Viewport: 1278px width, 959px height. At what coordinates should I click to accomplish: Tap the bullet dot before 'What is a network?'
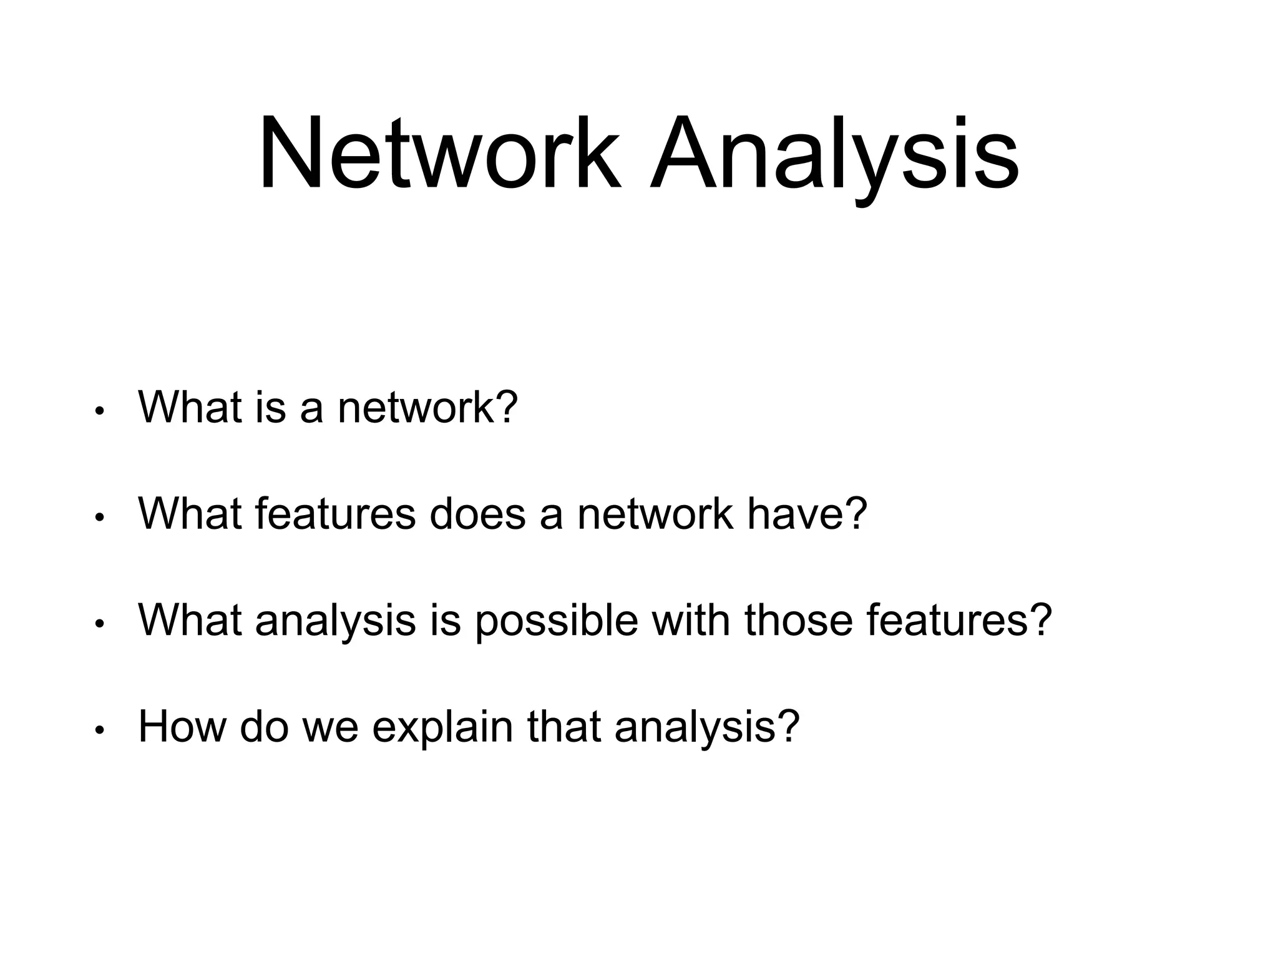point(99,411)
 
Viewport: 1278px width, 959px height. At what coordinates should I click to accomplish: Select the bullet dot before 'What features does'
point(99,518)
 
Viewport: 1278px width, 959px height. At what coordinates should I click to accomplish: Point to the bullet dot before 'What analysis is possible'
point(99,624)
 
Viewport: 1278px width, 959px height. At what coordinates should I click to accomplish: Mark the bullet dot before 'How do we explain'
point(99,730)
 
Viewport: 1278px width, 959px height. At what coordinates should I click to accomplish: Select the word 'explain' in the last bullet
point(442,727)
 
